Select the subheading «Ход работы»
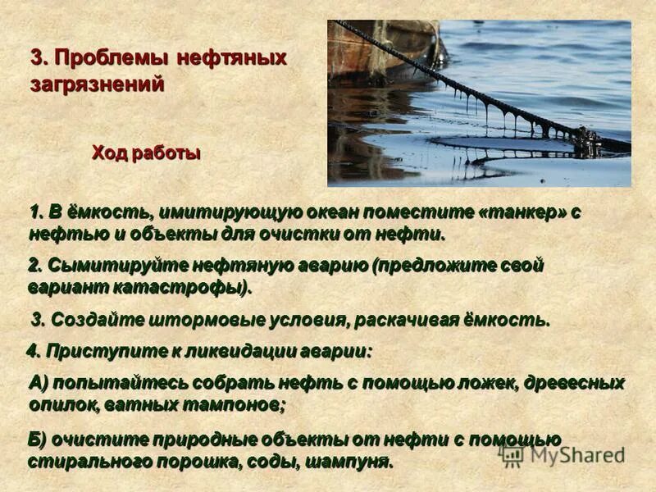click(x=146, y=153)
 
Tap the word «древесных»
click(x=577, y=382)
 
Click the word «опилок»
click(x=65, y=404)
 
